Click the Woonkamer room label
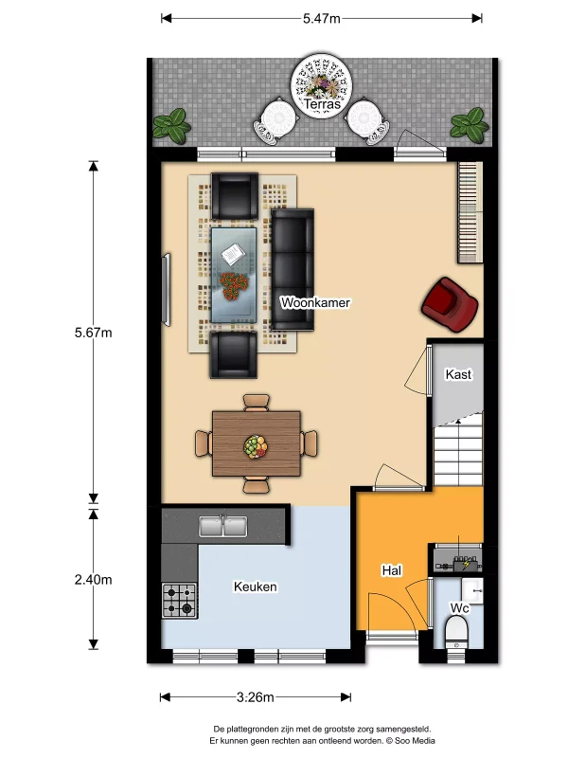(315, 302)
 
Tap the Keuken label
(255, 587)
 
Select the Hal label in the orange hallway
(391, 570)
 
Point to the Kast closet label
(458, 374)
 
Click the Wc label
(459, 607)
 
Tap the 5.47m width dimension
(322, 18)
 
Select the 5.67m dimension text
(93, 333)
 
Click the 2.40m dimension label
(93, 579)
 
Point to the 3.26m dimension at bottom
(255, 697)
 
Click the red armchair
(450, 304)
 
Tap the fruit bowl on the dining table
(256, 446)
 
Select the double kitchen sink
(223, 526)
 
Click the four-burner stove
(179, 601)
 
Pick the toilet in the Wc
(456, 634)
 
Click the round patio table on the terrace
(322, 85)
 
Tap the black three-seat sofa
(293, 270)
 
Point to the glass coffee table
(234, 275)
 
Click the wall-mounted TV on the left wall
(167, 290)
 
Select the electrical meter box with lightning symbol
(457, 558)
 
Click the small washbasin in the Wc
(472, 590)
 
